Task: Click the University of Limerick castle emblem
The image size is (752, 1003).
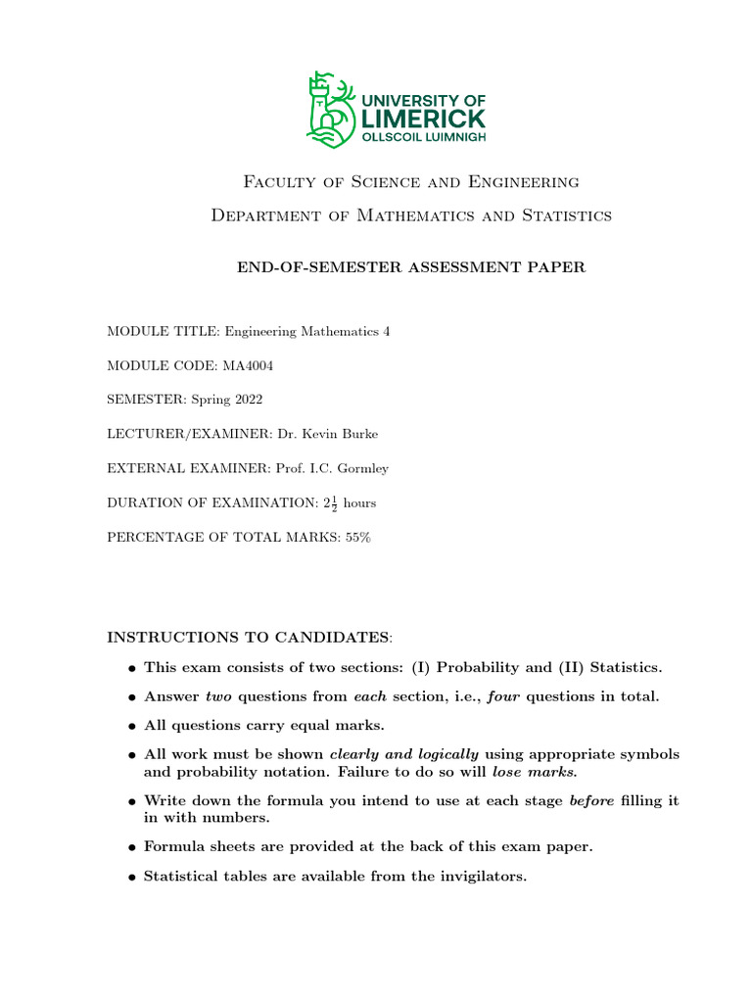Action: pyautogui.click(x=331, y=109)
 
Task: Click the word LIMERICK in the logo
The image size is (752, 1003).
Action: pyautogui.click(x=423, y=119)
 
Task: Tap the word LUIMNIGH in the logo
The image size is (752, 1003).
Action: pyautogui.click(x=451, y=138)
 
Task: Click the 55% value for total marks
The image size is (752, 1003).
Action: pyautogui.click(x=358, y=537)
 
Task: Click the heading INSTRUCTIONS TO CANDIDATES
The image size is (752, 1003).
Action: pyautogui.click(x=247, y=638)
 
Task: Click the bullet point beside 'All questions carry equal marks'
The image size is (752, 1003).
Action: pyautogui.click(x=131, y=727)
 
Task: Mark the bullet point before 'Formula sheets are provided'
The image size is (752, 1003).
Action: pyautogui.click(x=131, y=847)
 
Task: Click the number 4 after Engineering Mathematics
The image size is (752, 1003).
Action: pyautogui.click(x=386, y=331)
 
